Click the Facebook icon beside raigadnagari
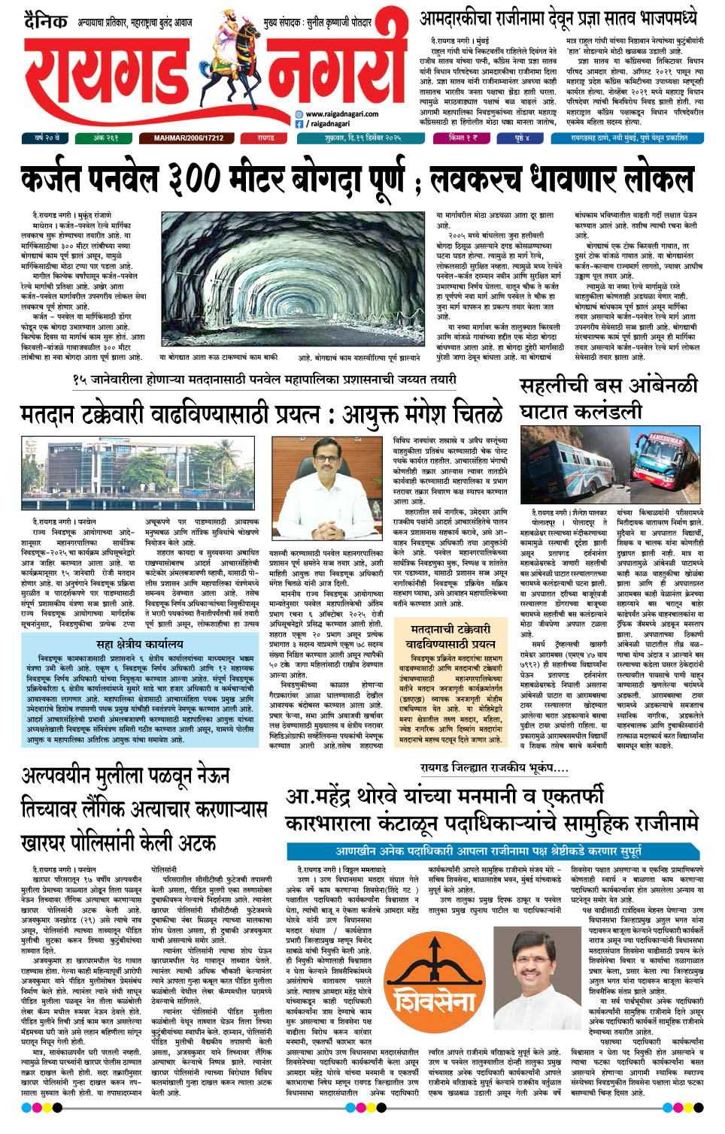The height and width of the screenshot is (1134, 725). [299, 124]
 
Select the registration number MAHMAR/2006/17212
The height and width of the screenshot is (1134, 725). [189, 138]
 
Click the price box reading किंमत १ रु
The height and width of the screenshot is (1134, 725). [463, 138]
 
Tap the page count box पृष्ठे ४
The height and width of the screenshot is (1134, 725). [523, 138]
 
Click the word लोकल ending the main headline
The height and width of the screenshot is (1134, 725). [654, 181]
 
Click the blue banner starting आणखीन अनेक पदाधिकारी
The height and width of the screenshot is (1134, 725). [489, 851]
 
